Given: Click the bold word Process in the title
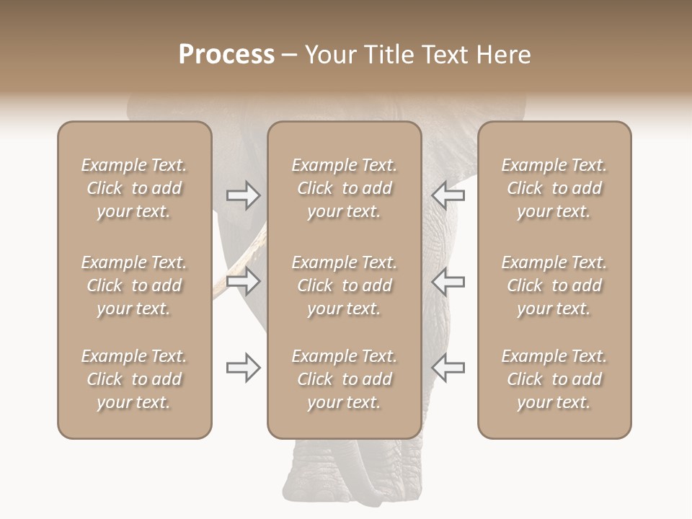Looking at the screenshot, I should pos(226,55).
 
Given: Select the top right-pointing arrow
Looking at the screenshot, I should pos(243,195).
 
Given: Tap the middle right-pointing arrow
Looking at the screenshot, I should pos(243,281).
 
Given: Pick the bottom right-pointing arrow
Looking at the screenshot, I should pos(243,368).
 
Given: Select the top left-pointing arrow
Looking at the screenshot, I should pos(448,195).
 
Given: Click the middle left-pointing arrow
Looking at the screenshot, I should pos(448,281).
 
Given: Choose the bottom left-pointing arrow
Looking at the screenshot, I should pos(448,368).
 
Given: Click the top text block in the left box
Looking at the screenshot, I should pos(134,188).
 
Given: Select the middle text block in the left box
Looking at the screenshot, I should pos(134,285).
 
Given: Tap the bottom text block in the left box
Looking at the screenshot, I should pos(134,379).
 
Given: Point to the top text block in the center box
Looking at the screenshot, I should pos(344,188).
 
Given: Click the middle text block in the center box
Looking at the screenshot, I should pos(344,285).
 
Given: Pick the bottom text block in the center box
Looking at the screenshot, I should pos(344,379).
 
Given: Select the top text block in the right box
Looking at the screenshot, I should pos(554,188).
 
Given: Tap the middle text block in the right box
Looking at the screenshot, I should pos(554,285).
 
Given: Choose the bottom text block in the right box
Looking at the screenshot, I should pos(554,379).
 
